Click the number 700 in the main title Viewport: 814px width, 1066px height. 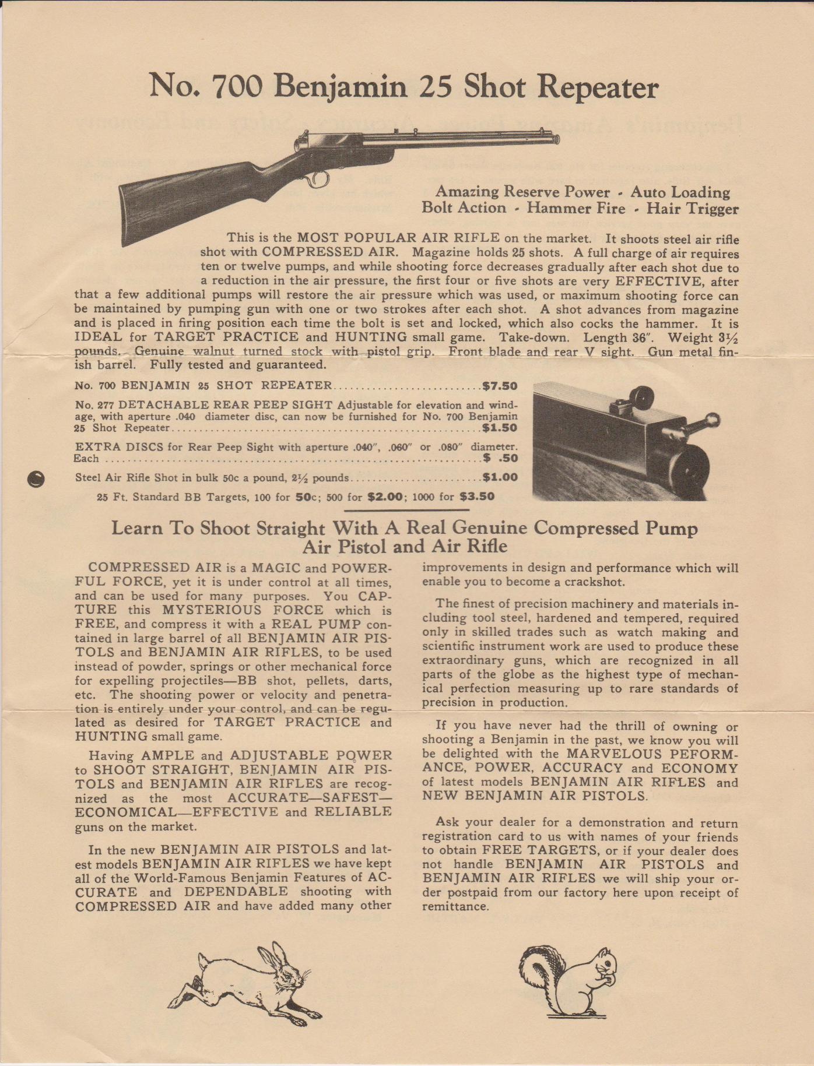pos(236,87)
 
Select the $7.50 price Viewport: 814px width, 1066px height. pos(500,386)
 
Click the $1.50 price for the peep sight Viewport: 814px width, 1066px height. pos(500,428)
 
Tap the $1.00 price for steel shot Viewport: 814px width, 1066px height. pos(500,477)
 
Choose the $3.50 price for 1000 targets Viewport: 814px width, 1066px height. pos(477,497)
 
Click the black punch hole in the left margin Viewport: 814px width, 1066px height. pos(36,479)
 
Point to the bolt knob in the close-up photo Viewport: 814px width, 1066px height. pos(713,420)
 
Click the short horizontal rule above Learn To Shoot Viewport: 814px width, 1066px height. pos(406,510)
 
